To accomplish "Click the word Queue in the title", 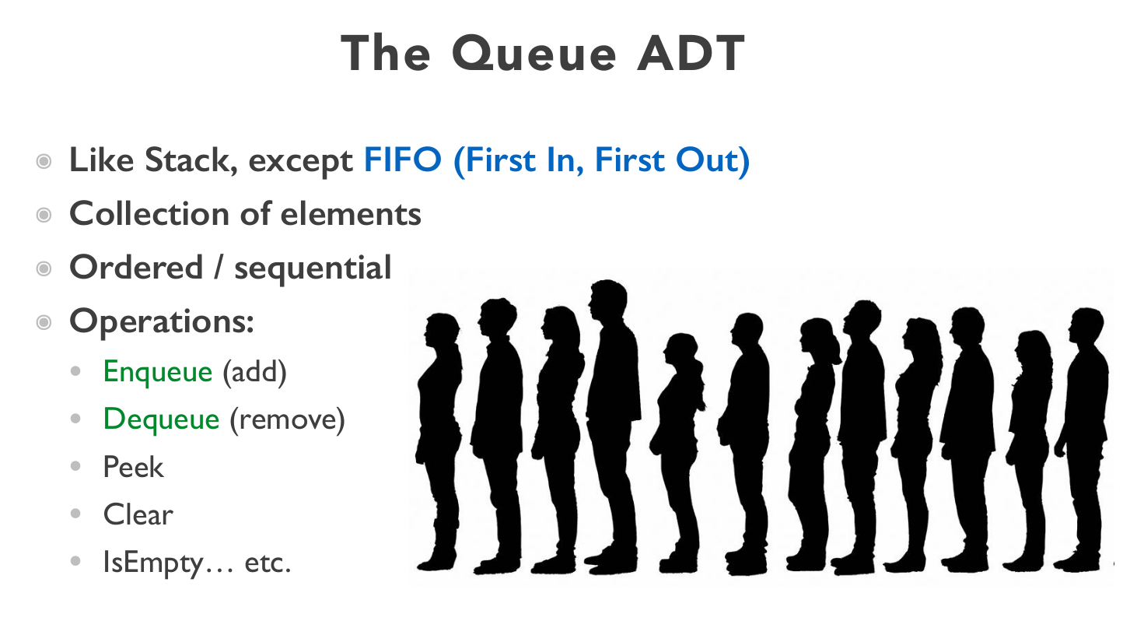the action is pyautogui.click(x=534, y=54).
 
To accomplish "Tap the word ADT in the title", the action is pyautogui.click(x=691, y=53).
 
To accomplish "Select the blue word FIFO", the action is pyautogui.click(x=403, y=160).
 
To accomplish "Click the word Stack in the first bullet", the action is pyautogui.click(x=191, y=160).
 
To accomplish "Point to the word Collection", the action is pyautogui.click(x=150, y=213).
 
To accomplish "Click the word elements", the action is pyautogui.click(x=351, y=213).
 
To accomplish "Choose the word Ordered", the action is pyautogui.click(x=136, y=267).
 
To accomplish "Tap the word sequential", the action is pyautogui.click(x=313, y=268).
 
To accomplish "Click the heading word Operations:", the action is pyautogui.click(x=162, y=321).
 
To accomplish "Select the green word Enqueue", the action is pyautogui.click(x=158, y=373).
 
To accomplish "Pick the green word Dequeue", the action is pyautogui.click(x=162, y=419).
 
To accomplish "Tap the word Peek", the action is pyautogui.click(x=133, y=466).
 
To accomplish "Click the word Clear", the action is pyautogui.click(x=138, y=514).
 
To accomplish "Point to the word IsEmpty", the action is pyautogui.click(x=153, y=563).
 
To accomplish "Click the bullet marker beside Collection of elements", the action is pyautogui.click(x=44, y=215).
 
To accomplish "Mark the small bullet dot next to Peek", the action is pyautogui.click(x=75, y=466).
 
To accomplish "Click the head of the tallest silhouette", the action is pyautogui.click(x=608, y=300).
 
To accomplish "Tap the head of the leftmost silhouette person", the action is pyautogui.click(x=442, y=330).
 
